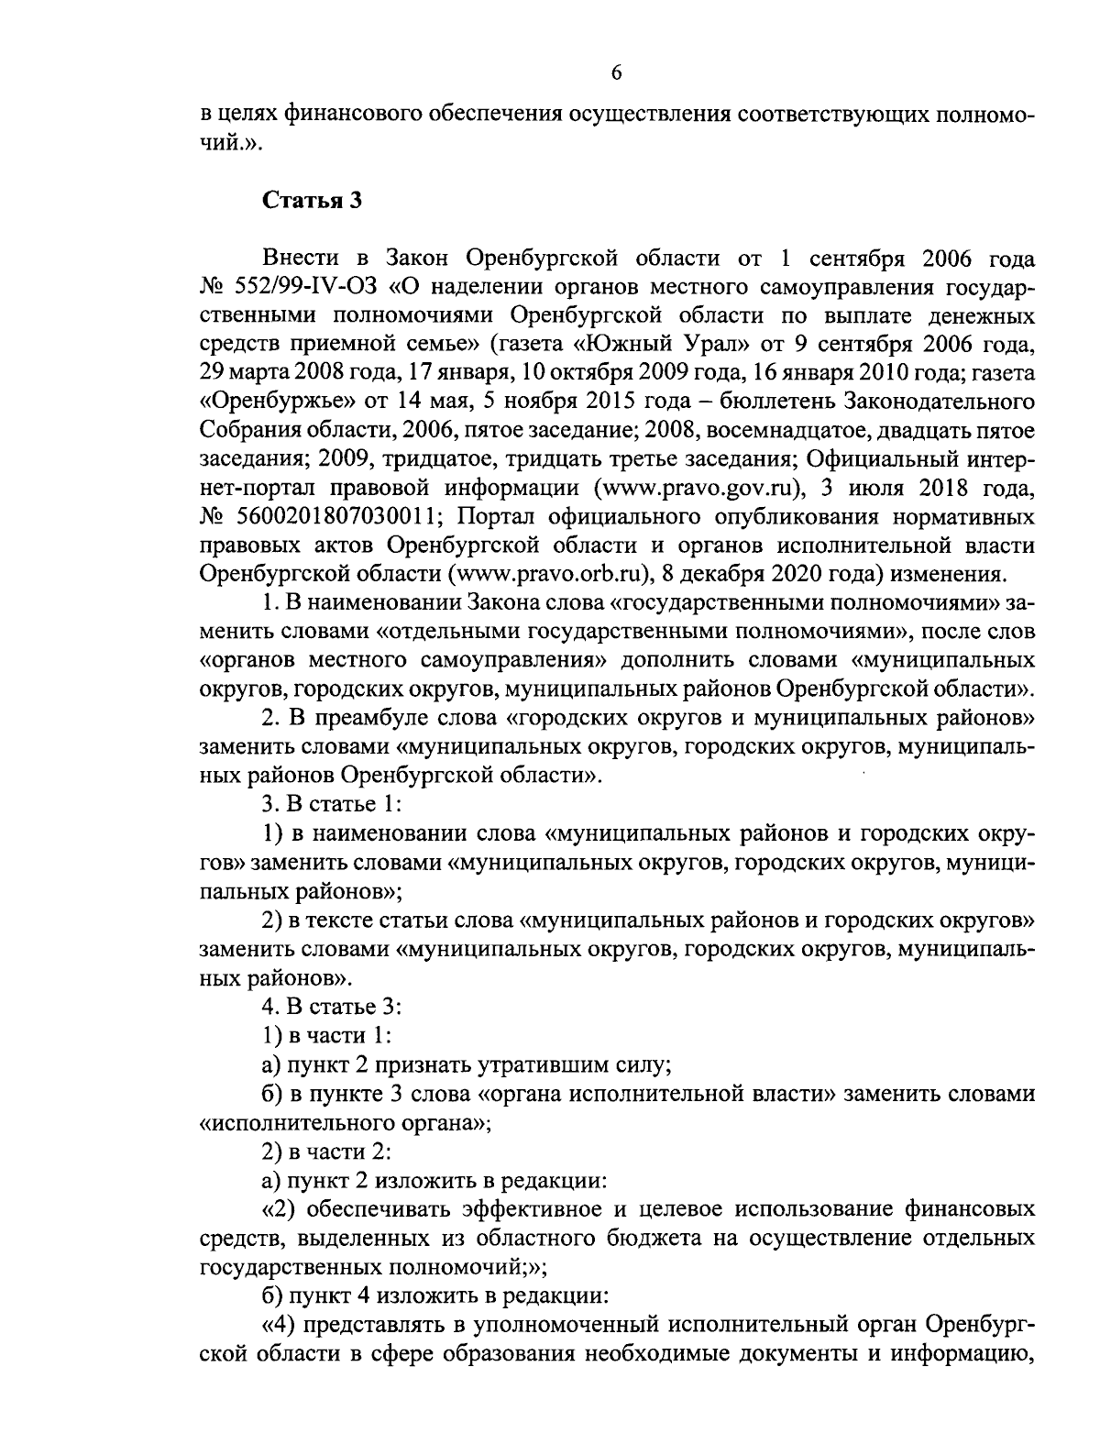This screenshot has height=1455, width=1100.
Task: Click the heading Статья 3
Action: tap(313, 201)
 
